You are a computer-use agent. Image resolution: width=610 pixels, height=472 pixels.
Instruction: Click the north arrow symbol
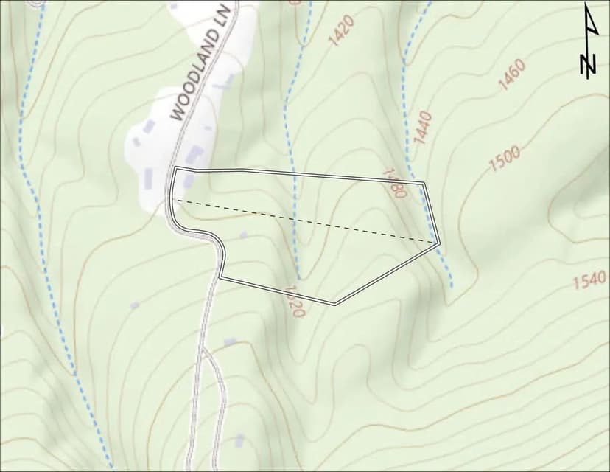pos(589,40)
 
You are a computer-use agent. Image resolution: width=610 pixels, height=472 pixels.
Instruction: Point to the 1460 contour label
pos(511,74)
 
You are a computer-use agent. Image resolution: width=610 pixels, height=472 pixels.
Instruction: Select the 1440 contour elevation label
pos(421,126)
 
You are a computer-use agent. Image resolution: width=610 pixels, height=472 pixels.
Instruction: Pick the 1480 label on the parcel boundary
pos(394,182)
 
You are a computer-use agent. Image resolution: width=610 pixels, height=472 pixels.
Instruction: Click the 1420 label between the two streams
pos(341,31)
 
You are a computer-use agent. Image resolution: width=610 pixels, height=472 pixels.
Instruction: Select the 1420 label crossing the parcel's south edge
pos(293,300)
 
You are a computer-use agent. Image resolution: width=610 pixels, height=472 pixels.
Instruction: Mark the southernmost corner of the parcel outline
pos(335,303)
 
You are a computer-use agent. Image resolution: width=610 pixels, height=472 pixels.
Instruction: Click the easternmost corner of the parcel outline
pos(439,242)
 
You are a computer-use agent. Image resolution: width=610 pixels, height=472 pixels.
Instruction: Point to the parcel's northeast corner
pos(425,182)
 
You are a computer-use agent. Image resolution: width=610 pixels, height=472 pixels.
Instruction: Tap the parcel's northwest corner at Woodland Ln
pos(175,169)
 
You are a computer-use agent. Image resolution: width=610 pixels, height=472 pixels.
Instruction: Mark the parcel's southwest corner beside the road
pos(220,277)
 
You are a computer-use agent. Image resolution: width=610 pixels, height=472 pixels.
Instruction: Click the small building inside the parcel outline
pos(244,235)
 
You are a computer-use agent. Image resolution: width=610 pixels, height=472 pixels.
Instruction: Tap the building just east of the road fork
pos(230,342)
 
